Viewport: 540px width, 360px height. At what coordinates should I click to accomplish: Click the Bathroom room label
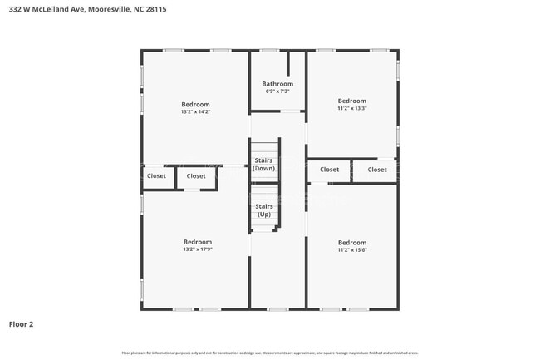pyautogui.click(x=277, y=84)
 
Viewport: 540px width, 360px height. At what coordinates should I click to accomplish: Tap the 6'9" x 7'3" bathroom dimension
pyautogui.click(x=277, y=91)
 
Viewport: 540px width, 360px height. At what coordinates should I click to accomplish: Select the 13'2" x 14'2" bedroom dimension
pyautogui.click(x=196, y=111)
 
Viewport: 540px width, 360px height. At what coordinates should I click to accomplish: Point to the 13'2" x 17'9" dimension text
pyautogui.click(x=198, y=249)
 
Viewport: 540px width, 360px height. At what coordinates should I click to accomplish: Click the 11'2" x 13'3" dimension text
pyautogui.click(x=352, y=108)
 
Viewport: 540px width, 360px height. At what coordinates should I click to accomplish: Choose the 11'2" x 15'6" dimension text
pyautogui.click(x=352, y=249)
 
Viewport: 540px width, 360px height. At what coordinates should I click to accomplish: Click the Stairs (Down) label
pyautogui.click(x=264, y=165)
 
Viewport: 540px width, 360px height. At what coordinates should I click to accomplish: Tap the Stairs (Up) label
pyautogui.click(x=264, y=210)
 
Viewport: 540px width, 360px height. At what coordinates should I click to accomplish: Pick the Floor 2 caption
pyautogui.click(x=22, y=324)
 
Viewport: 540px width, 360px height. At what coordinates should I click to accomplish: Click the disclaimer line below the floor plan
pyautogui.click(x=270, y=353)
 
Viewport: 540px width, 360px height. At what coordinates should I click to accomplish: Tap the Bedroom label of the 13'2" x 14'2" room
pyautogui.click(x=196, y=104)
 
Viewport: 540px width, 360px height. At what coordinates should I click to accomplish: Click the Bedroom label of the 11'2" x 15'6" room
pyautogui.click(x=352, y=242)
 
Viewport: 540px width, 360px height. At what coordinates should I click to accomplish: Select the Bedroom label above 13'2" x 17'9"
pyautogui.click(x=198, y=242)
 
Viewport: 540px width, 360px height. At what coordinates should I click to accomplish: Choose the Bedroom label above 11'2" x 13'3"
pyautogui.click(x=352, y=101)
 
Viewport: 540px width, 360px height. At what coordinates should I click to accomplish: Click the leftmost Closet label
pyautogui.click(x=156, y=176)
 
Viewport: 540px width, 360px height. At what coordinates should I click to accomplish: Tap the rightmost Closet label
pyautogui.click(x=377, y=170)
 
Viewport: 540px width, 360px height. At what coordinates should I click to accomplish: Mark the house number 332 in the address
pyautogui.click(x=14, y=9)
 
